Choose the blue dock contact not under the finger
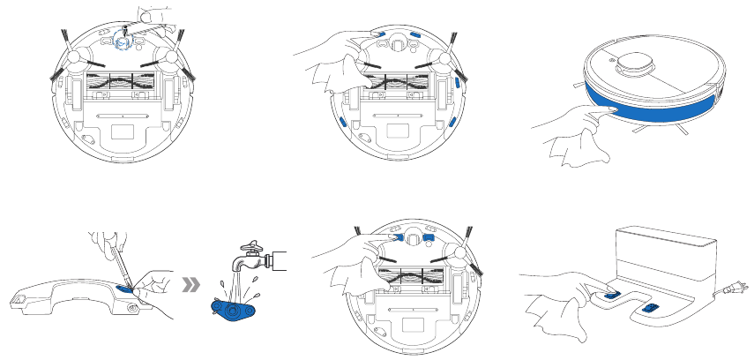pyautogui.click(x=652, y=307)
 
